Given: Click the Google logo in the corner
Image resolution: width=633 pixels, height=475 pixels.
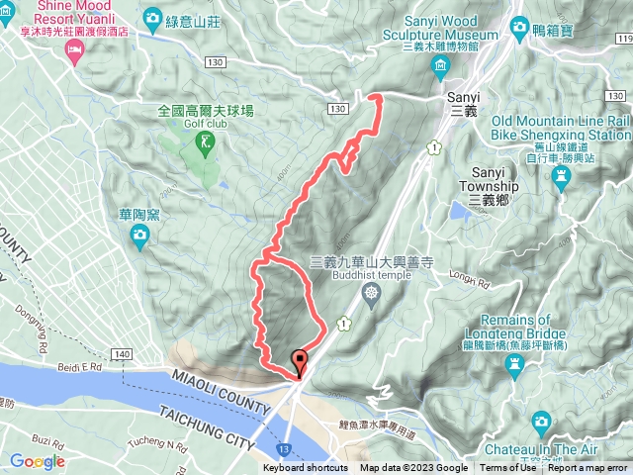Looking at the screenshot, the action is click(x=38, y=461).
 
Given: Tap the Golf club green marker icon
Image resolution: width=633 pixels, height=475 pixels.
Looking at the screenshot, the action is click(x=206, y=145).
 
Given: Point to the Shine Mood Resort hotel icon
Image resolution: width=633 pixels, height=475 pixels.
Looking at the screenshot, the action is click(x=74, y=51).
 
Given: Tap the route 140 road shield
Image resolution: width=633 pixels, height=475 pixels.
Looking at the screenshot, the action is click(x=123, y=353).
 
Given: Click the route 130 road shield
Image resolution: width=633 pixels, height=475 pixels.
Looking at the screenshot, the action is click(x=339, y=108).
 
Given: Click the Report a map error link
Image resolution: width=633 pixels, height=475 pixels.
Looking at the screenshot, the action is click(x=588, y=468).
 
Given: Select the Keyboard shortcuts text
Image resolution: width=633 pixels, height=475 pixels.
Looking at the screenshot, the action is click(x=306, y=468).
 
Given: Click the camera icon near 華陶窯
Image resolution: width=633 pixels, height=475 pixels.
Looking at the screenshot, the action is click(x=140, y=234).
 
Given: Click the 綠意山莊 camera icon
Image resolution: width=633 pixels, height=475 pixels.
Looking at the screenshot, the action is click(x=152, y=18).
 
